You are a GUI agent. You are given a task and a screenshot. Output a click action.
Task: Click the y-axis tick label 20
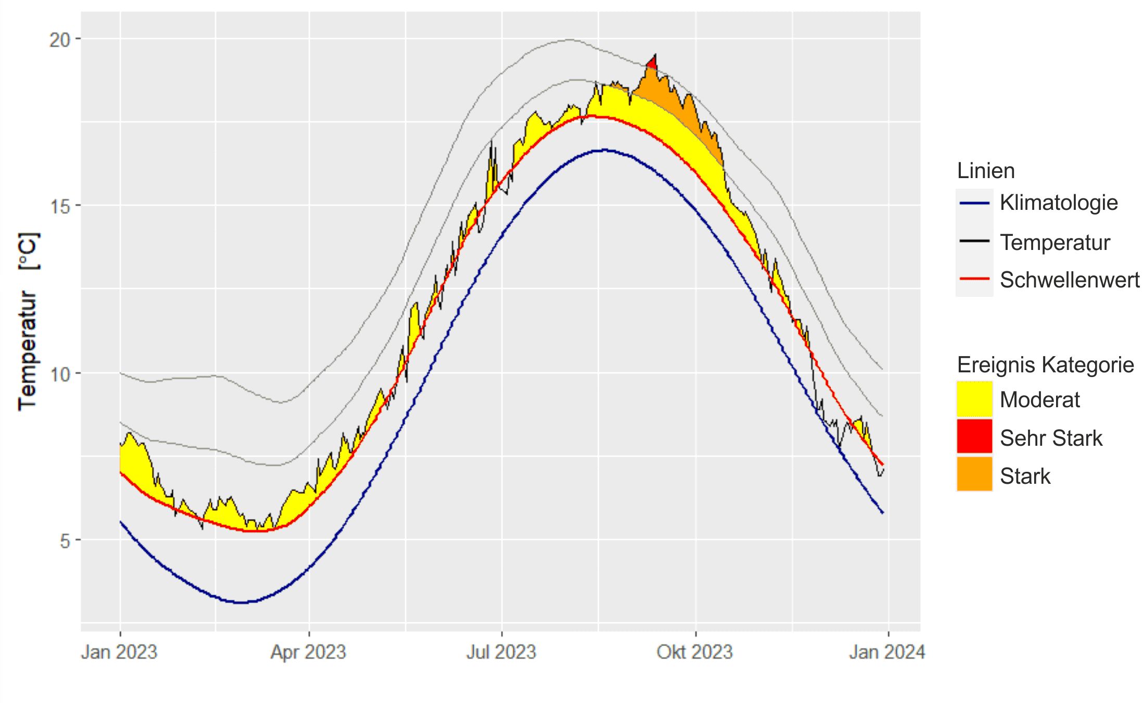[x=59, y=40]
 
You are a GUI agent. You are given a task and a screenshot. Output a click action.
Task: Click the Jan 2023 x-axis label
[x=119, y=652]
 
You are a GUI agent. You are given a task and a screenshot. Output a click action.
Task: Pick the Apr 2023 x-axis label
[x=308, y=652]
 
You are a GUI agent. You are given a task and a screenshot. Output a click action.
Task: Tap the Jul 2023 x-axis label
[x=501, y=652]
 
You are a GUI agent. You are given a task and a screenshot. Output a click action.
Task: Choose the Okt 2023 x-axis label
[x=695, y=652]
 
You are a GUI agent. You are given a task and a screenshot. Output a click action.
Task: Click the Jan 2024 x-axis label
[x=887, y=652]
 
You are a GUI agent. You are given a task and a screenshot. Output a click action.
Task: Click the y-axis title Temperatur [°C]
[x=28, y=321]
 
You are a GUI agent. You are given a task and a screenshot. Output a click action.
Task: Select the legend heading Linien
[x=986, y=171]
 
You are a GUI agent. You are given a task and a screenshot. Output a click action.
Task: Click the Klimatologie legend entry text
[x=1059, y=203]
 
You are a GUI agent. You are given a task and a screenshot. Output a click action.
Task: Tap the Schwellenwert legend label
[x=1070, y=280]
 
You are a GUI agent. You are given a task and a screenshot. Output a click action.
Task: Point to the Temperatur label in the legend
[x=1055, y=243]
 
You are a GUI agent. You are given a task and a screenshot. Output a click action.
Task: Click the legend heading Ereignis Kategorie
[x=1045, y=365]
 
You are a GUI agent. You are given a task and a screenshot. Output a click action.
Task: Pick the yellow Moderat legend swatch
[x=974, y=399]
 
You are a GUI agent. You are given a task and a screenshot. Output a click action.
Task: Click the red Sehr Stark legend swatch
[x=974, y=437]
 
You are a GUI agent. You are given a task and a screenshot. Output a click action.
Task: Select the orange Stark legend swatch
[x=974, y=475]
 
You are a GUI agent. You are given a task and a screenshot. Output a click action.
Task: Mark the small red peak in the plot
[x=651, y=62]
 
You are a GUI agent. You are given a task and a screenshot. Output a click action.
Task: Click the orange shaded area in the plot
[x=677, y=104]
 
